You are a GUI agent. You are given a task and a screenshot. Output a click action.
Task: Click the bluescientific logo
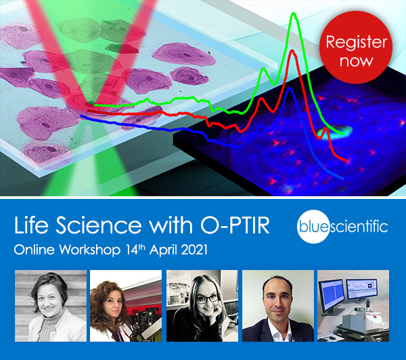pyautogui.click(x=344, y=225)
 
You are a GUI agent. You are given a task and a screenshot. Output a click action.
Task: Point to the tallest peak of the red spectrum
pyautogui.click(x=291, y=51)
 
